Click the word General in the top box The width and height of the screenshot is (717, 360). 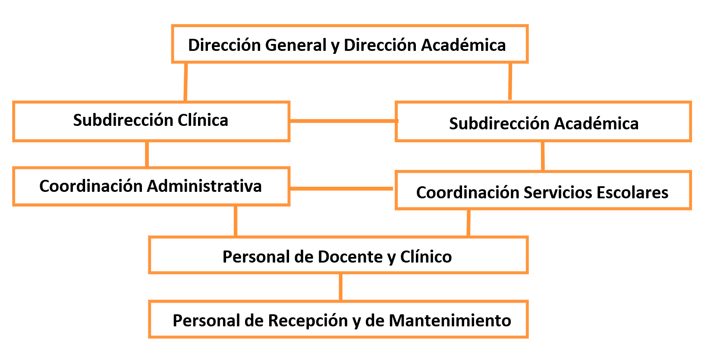pyautogui.click(x=296, y=45)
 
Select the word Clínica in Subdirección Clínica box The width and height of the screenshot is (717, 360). pyautogui.click(x=203, y=120)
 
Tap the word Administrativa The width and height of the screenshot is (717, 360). pyautogui.click(x=204, y=186)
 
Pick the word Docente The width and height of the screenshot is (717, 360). pyautogui.click(x=350, y=257)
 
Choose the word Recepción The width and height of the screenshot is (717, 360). pyautogui.click(x=308, y=321)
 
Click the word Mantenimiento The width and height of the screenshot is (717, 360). pyautogui.click(x=450, y=321)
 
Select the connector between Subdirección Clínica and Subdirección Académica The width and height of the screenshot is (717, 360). pyautogui.click(x=344, y=121)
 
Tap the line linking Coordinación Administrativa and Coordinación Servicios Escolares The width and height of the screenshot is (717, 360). pyautogui.click(x=342, y=188)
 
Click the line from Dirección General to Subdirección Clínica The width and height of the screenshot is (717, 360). pyautogui.click(x=186, y=82)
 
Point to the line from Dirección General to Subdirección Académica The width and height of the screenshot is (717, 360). pyautogui.click(x=510, y=81)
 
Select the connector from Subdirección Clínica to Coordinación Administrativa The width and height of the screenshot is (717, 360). pyautogui.click(x=147, y=154)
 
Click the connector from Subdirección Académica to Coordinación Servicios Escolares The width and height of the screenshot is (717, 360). pyautogui.click(x=543, y=156)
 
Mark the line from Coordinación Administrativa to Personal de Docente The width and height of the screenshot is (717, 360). pyautogui.click(x=236, y=221)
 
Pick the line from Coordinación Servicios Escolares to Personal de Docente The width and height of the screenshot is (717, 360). pyautogui.click(x=469, y=223)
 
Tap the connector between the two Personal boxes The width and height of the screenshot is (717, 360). pyautogui.click(x=340, y=287)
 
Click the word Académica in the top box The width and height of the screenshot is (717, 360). pyautogui.click(x=463, y=45)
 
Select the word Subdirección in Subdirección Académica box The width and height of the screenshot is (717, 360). pyautogui.click(x=499, y=123)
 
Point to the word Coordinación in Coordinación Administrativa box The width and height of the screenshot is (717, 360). pyautogui.click(x=91, y=186)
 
